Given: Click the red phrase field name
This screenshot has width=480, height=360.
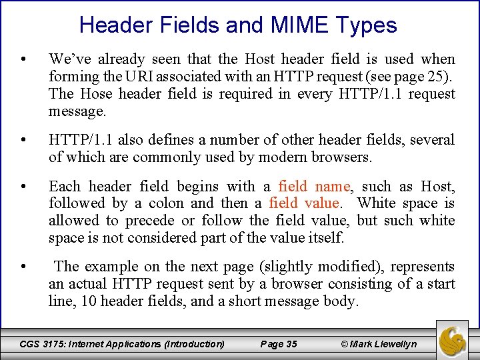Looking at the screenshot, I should [x=313, y=186].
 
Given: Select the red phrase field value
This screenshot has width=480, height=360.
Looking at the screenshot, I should [x=304, y=203].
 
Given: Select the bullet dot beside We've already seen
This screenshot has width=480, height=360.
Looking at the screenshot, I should [x=24, y=59].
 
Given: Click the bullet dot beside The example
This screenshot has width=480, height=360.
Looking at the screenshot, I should [x=24, y=267].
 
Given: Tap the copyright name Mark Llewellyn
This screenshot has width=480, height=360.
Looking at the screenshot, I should [x=383, y=344].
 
